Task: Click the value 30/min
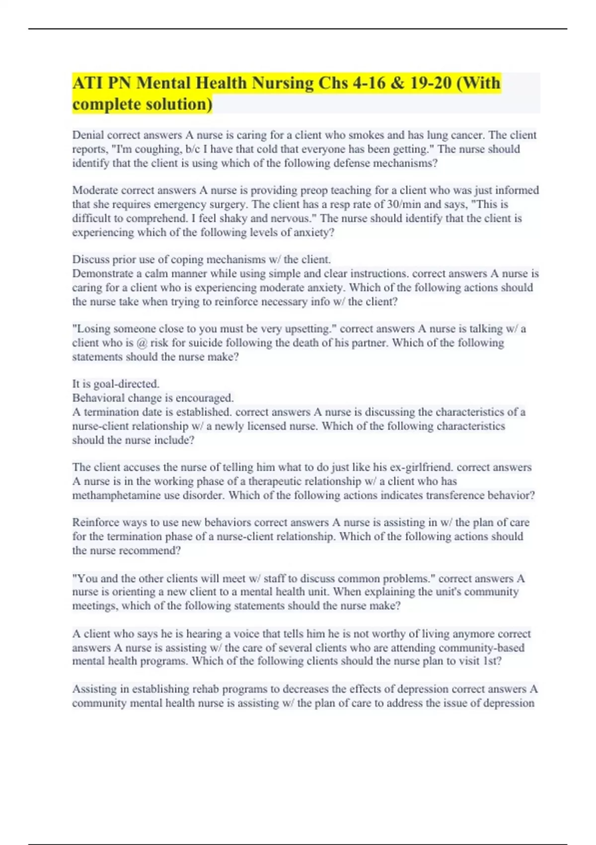coord(404,204)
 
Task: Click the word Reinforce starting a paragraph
coord(95,522)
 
